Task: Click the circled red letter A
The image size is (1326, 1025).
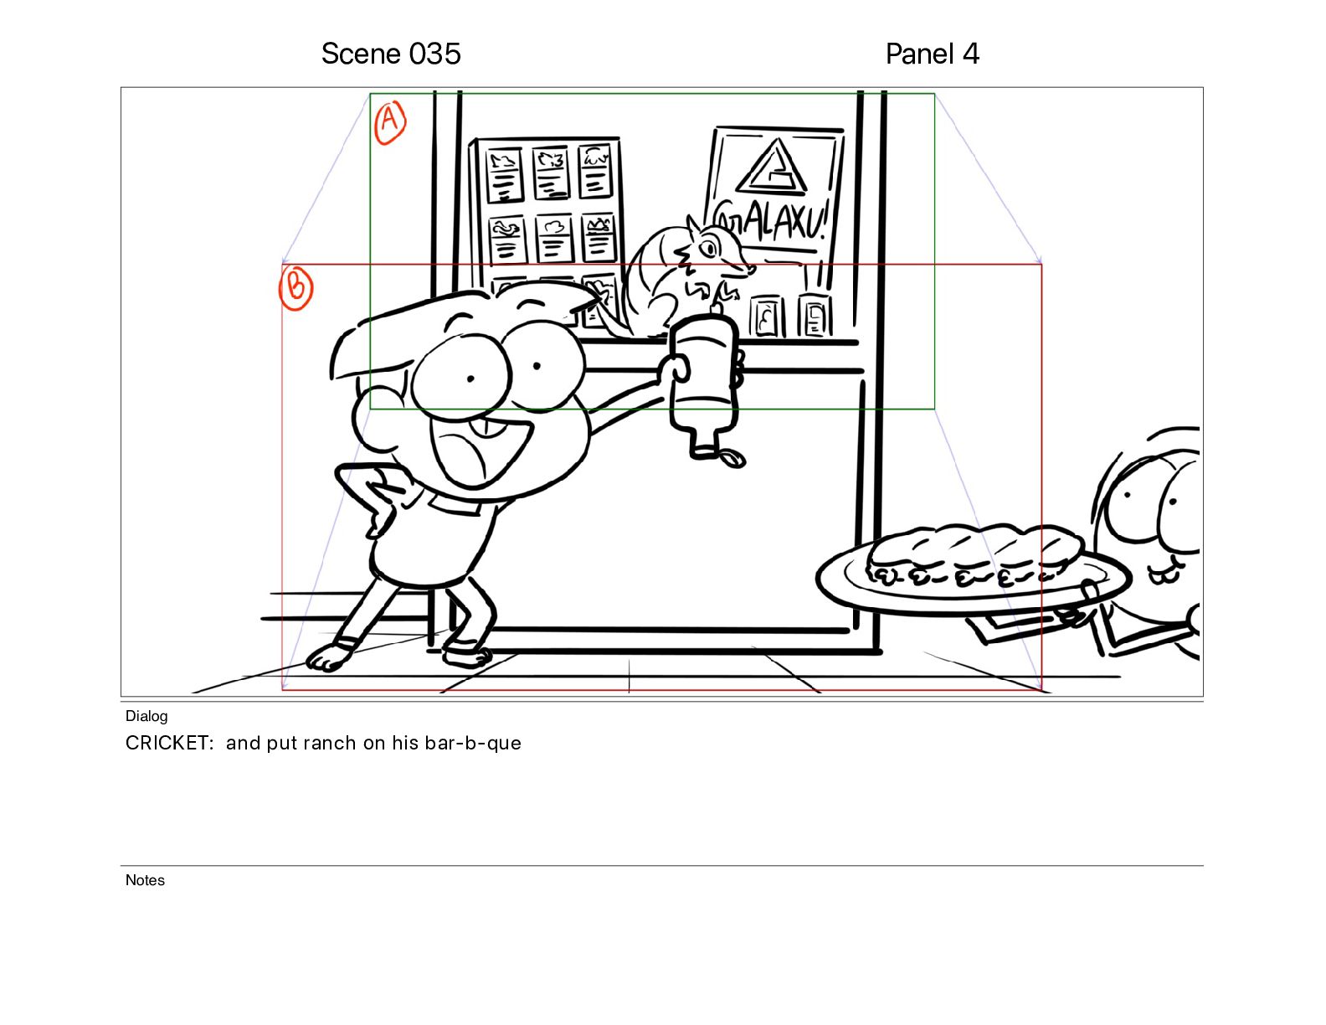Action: click(x=389, y=123)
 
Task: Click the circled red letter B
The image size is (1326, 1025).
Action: click(x=296, y=287)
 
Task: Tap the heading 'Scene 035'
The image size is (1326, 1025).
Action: click(x=391, y=54)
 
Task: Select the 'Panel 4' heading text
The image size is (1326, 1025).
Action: click(x=932, y=54)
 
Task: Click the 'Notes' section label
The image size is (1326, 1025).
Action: click(x=145, y=880)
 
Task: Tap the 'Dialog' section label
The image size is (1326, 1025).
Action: click(x=146, y=716)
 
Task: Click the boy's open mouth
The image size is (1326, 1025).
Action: click(x=479, y=449)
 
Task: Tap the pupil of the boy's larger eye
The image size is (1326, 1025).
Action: click(x=470, y=379)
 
